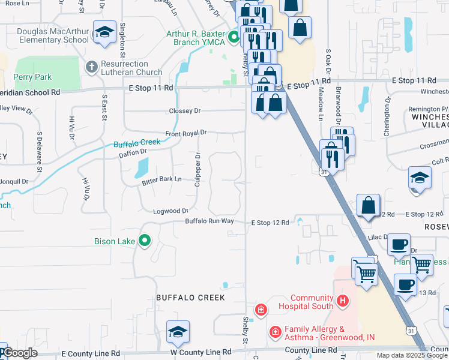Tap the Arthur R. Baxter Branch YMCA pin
[x=233, y=38]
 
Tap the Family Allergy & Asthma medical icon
[x=275, y=331]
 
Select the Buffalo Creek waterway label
[x=137, y=143]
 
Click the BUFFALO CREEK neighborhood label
[x=190, y=298]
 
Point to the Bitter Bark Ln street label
[x=161, y=180]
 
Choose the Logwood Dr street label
[x=171, y=211]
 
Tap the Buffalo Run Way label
[x=209, y=221]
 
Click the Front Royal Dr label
[x=186, y=133]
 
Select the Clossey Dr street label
[x=184, y=111]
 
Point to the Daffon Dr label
[x=133, y=153]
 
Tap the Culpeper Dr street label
[x=197, y=169]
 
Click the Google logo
[x=20, y=353]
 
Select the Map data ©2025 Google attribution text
[x=412, y=355]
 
